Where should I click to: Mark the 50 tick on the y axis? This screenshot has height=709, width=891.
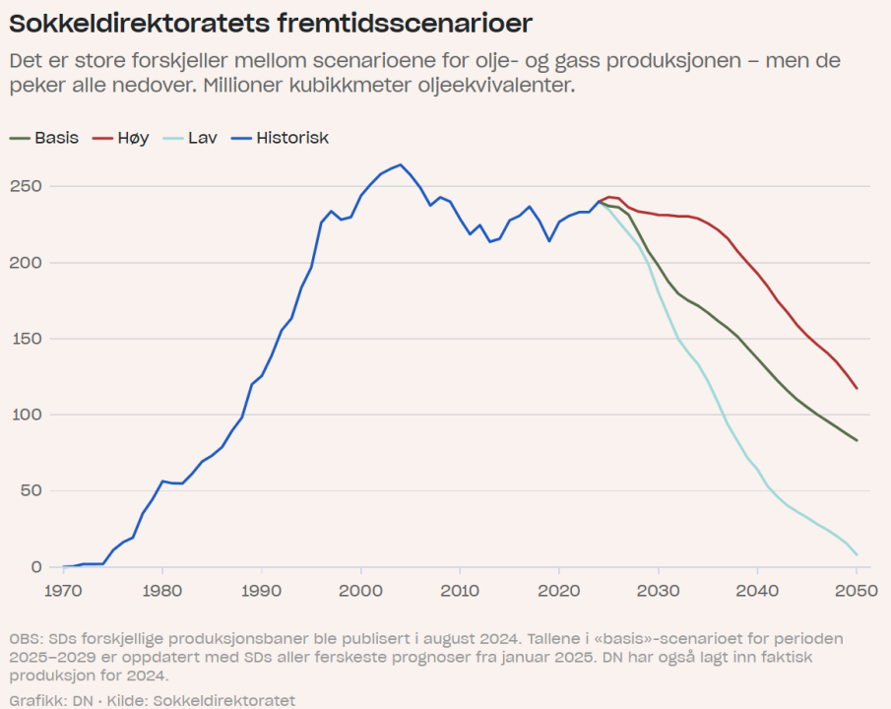[35, 490]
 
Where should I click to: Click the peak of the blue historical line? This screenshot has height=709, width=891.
[400, 164]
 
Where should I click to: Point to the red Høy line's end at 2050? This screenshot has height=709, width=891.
[857, 388]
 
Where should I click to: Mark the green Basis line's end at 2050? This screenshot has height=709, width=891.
[857, 440]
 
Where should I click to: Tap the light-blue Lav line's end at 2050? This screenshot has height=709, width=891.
[857, 554]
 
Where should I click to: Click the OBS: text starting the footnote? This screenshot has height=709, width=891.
[25, 639]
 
